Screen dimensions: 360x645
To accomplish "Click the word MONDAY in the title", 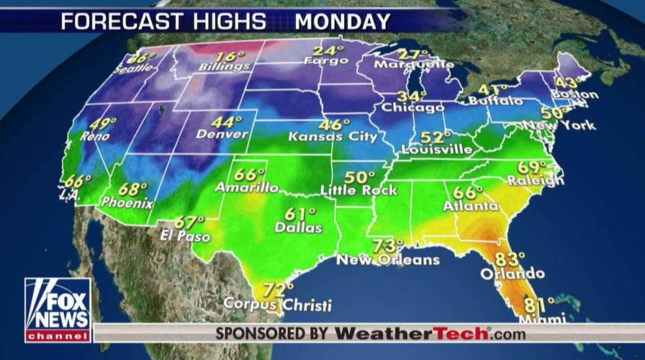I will coord(343,21).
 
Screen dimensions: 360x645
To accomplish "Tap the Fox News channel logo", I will coord(58,310).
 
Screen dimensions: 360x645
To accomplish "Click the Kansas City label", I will coord(333,135).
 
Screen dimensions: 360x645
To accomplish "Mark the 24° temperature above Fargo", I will coord(328,52).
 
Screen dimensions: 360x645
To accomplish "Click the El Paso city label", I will coord(186,236).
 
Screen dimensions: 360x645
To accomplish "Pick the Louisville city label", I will coord(438,150).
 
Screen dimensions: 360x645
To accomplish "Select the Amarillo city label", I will coord(247,188).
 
